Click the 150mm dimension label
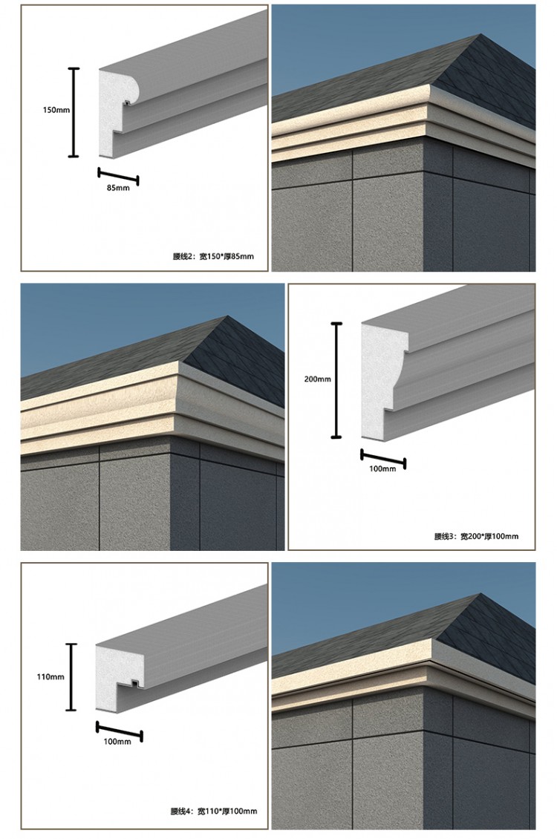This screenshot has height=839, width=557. click(x=56, y=110)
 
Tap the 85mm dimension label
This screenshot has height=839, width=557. click(x=118, y=188)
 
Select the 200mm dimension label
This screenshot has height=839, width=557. click(x=318, y=379)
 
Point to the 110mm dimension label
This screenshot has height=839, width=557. click(x=51, y=677)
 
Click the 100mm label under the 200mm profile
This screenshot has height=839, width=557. click(x=382, y=469)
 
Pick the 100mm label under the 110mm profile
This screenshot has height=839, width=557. click(x=117, y=742)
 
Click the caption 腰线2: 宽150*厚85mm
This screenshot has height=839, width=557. click(x=213, y=256)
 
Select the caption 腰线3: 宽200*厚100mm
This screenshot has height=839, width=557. click(x=476, y=536)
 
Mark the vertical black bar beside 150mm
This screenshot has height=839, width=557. click(x=74, y=112)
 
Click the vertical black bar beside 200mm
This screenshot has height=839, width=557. click(x=336, y=380)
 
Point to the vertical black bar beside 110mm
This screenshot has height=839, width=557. click(x=71, y=677)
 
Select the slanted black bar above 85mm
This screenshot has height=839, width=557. click(x=118, y=176)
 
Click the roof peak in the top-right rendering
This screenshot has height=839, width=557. click(x=480, y=35)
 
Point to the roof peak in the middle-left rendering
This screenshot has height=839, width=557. click(x=229, y=316)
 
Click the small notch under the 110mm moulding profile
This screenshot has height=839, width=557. click(x=135, y=683)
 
